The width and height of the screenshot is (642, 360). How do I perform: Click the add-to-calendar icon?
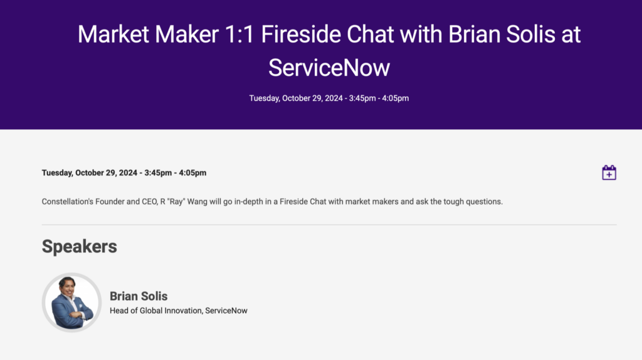[609, 172]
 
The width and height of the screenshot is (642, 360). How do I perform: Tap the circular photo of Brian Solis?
[72, 302]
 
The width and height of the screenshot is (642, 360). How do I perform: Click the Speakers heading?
[79, 246]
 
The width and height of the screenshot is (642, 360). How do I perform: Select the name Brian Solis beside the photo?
[139, 296]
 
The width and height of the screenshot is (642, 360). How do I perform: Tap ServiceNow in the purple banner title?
[329, 67]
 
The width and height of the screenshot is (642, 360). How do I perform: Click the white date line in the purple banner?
[329, 98]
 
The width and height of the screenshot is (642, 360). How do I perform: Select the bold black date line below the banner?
[124, 173]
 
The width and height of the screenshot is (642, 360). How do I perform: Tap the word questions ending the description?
[483, 202]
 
